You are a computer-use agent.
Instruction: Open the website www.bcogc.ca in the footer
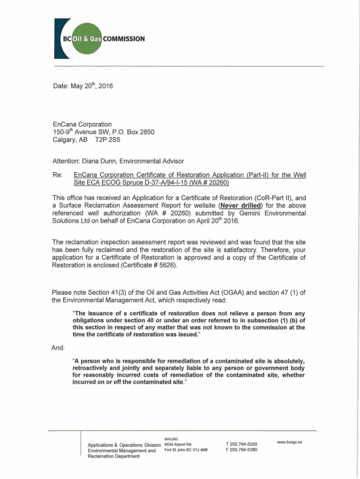tap(289, 442)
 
